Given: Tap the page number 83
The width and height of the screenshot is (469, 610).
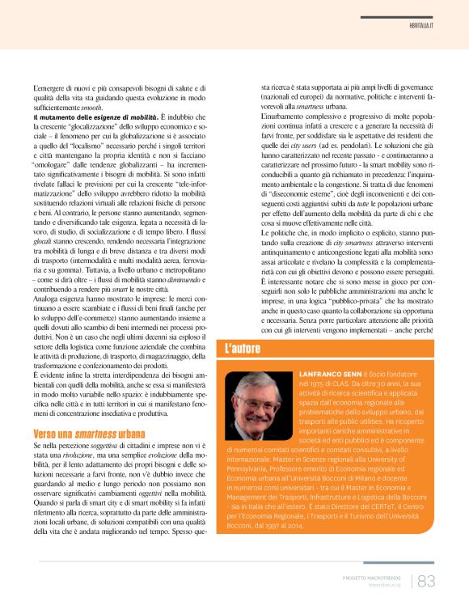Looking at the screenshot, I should click(426, 581).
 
